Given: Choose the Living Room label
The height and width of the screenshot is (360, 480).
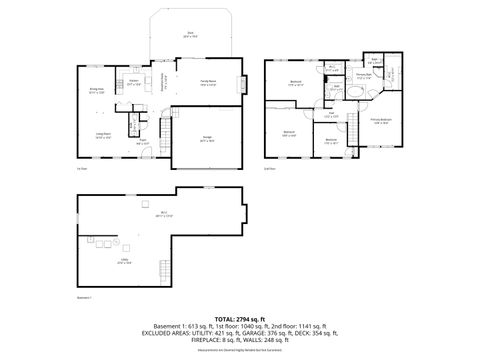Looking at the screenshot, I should (x=103, y=137).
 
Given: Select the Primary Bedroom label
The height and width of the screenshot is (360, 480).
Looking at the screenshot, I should (x=380, y=122).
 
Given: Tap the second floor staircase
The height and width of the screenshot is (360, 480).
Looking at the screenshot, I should (x=327, y=94).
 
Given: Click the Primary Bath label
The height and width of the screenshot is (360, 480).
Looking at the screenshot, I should (x=364, y=75).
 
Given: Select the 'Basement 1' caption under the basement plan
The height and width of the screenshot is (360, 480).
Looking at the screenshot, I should (x=84, y=298).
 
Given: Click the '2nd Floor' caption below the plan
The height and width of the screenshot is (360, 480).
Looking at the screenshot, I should (x=270, y=170).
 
